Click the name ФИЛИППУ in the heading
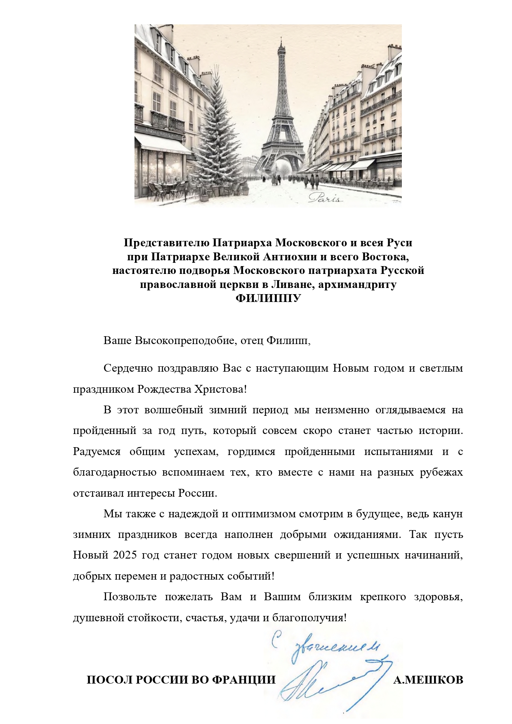pyautogui.click(x=268, y=298)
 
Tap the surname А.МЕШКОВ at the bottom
pyautogui.click(x=428, y=680)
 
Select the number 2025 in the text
pyautogui.click(x=125, y=555)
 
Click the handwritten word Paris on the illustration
pyautogui.click(x=326, y=198)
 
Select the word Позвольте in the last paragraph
pyautogui.click(x=130, y=597)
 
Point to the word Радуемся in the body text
pyautogui.click(x=97, y=451)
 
